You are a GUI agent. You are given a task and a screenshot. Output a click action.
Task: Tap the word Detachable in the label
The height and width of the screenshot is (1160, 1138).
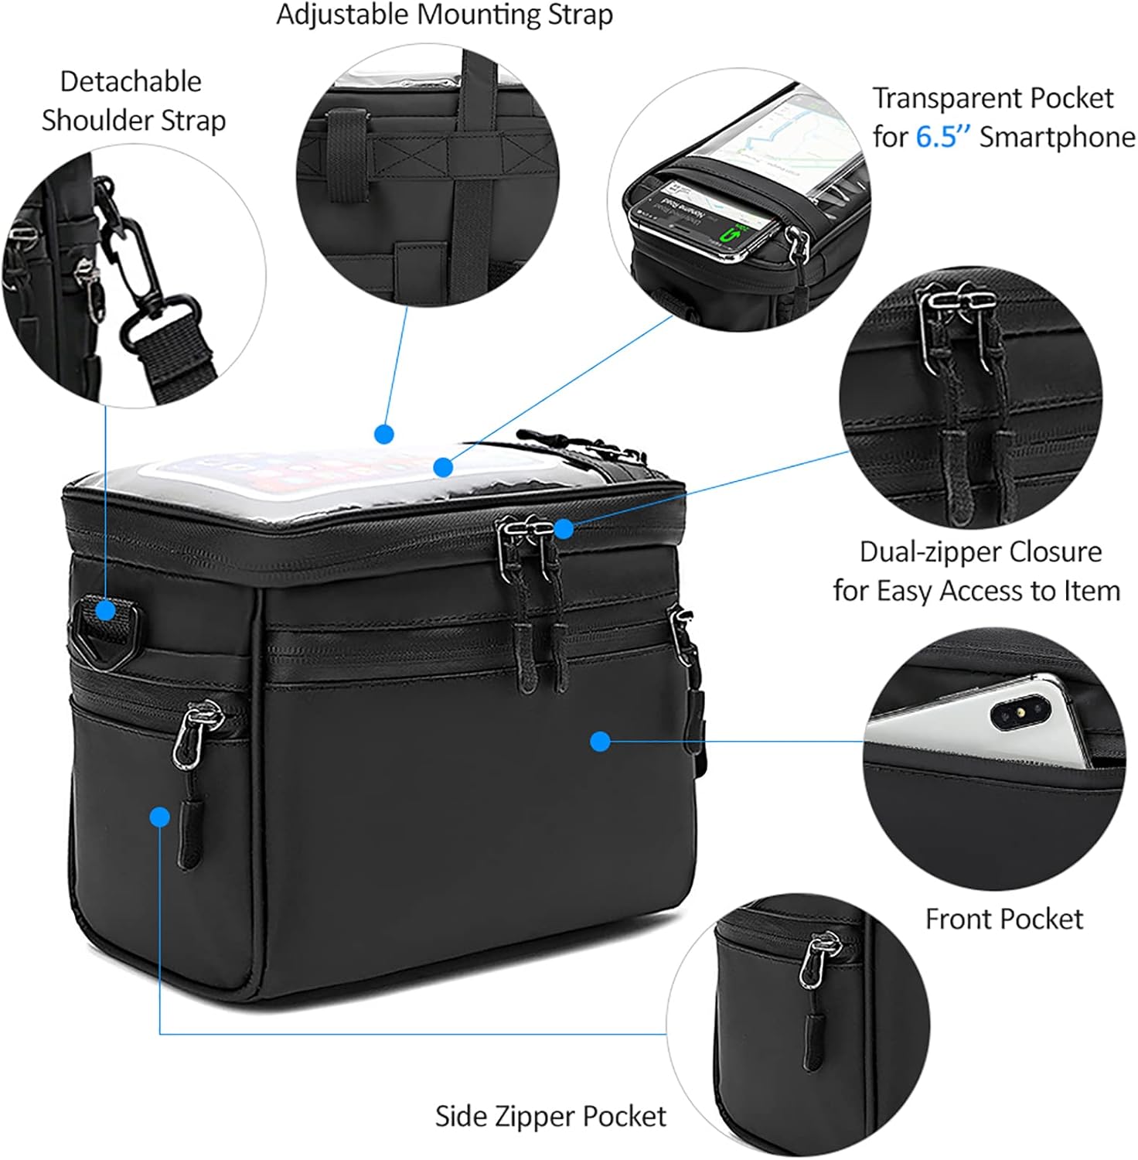tap(131, 81)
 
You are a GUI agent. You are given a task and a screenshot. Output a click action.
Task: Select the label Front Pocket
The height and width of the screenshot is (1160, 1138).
tap(1003, 919)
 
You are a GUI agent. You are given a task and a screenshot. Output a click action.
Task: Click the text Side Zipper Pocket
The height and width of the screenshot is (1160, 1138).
tap(550, 1116)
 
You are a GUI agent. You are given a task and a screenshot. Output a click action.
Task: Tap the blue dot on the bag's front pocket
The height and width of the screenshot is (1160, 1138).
tap(601, 742)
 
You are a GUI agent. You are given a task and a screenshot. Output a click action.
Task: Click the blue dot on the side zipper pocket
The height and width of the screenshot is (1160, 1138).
tap(160, 817)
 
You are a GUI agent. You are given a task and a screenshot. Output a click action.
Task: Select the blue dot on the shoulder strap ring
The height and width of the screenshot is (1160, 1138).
tap(105, 611)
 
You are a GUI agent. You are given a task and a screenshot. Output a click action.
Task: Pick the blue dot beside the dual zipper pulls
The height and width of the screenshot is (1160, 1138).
tap(564, 529)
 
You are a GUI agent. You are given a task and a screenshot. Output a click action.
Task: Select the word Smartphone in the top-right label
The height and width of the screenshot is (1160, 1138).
tap(1057, 137)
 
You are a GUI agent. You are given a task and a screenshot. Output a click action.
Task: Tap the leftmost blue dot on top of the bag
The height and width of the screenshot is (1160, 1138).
tap(384, 434)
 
